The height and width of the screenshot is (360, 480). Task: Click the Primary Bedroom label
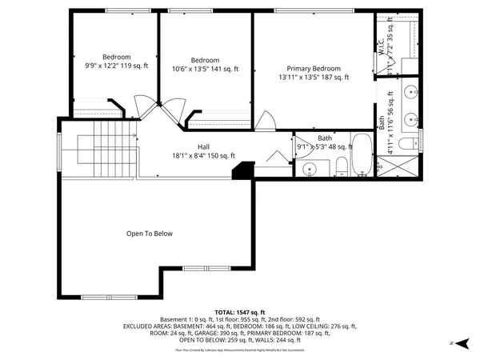click(x=314, y=68)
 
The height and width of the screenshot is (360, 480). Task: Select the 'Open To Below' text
click(x=149, y=234)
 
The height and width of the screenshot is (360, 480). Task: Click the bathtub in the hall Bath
click(x=361, y=156)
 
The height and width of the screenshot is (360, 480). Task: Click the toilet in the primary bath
click(x=406, y=145)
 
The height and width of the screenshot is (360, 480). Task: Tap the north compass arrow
click(x=453, y=342)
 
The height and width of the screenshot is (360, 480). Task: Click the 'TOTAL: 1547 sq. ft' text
click(x=239, y=311)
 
